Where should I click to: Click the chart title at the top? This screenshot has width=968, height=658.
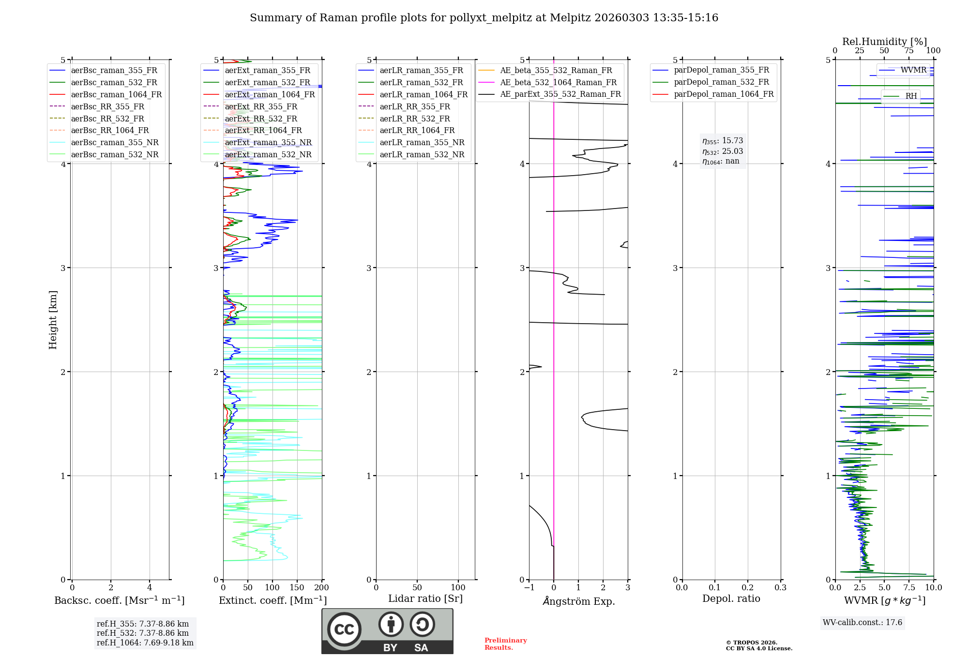pos(484,18)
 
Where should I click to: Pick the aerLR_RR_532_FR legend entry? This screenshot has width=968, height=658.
pos(414,119)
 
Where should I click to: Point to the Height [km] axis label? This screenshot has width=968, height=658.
pos(53,320)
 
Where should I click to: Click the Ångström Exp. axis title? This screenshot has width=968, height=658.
pos(579,601)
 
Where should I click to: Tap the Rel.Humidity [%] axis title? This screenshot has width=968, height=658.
pos(884,42)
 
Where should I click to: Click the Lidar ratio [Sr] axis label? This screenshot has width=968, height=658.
pos(425,599)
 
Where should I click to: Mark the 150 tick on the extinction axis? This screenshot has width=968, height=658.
pos(297,588)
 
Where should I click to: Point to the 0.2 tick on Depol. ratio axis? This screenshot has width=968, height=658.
pos(748,588)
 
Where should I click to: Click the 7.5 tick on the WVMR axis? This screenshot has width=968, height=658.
pos(909,588)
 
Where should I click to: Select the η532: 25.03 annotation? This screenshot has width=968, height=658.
pos(723,151)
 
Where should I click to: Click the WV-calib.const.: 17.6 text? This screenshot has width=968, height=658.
pos(862,623)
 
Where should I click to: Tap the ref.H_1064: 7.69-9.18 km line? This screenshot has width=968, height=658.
pos(145,643)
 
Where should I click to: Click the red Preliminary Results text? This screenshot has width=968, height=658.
pos(505,644)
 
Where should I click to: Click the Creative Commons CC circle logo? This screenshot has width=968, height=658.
pos(344,629)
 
